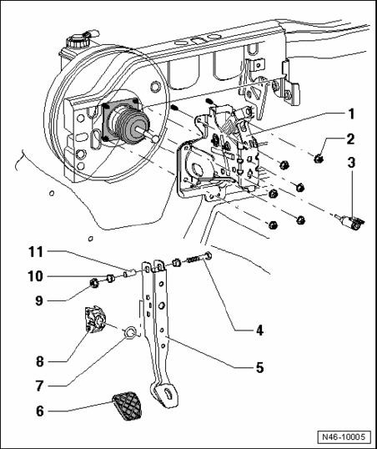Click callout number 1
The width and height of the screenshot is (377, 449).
351,114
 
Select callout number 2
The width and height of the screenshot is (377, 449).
350,139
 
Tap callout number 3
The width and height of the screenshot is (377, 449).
351,163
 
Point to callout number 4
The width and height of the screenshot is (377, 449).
259,330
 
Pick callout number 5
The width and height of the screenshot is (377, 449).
259,367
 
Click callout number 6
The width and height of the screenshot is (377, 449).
40,411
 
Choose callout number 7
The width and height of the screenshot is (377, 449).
40,386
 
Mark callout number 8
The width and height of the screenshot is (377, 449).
40,361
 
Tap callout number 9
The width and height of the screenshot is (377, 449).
40,300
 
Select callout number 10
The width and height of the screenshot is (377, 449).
36,276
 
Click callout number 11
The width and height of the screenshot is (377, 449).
36,252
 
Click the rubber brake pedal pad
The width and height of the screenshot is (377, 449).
126,406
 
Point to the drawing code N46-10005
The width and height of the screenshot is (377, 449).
344,437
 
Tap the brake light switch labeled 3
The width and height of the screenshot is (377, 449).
351,222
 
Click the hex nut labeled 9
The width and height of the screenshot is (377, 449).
94,283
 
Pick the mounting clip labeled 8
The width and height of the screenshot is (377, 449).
96,320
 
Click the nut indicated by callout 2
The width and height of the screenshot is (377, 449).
318,158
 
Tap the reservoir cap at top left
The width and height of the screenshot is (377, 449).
78,41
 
